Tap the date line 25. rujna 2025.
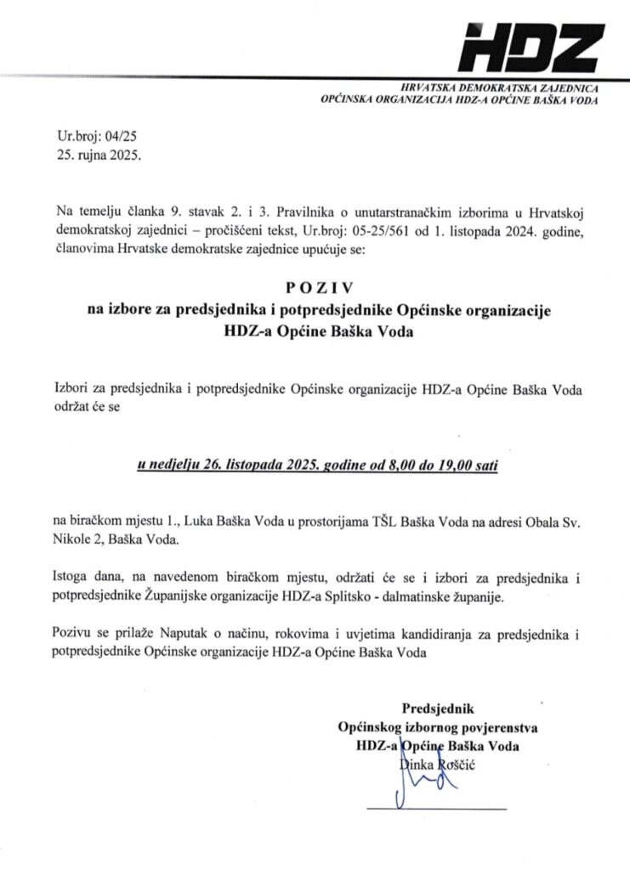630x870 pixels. point(95,156)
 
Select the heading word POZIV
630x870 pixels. point(315,289)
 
